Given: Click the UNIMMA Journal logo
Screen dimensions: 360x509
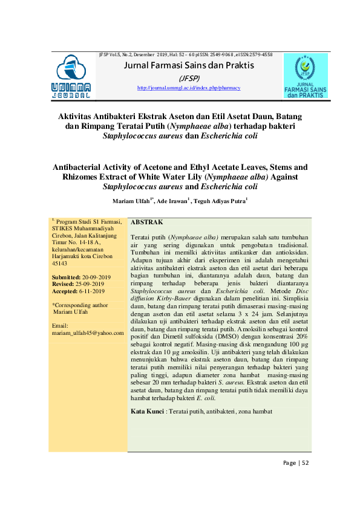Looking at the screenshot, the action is tap(71, 76).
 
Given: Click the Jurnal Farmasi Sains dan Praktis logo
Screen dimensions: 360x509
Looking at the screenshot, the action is tap(305, 76).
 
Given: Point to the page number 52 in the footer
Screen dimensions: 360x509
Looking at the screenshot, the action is tap(306, 463).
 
